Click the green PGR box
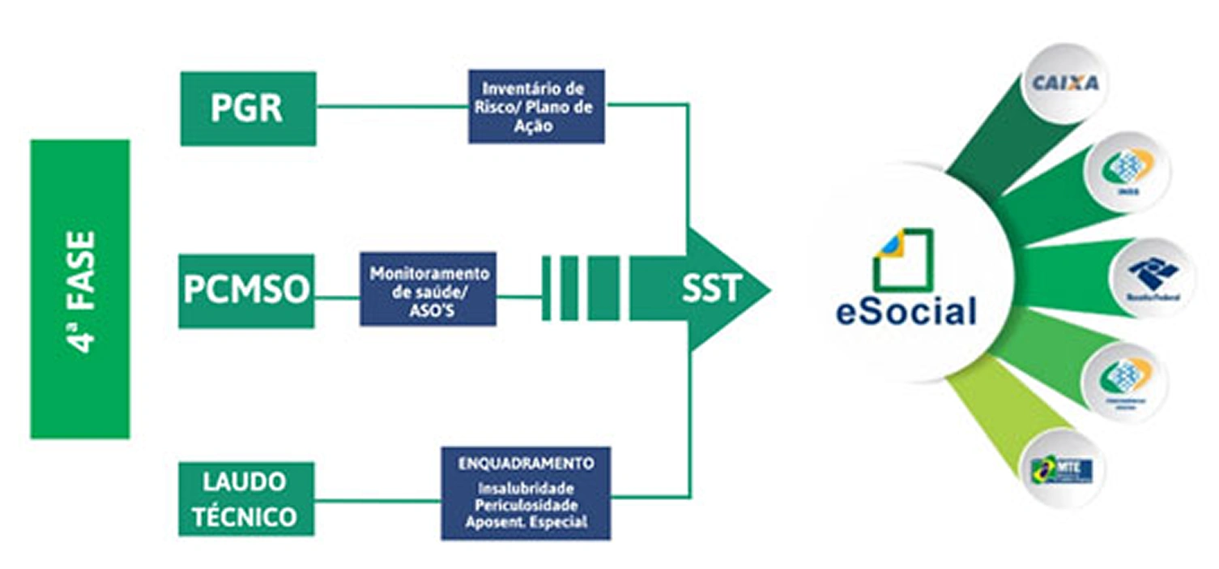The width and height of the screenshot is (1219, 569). [x=247, y=109]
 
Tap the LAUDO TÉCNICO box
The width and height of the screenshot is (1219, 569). [x=245, y=498]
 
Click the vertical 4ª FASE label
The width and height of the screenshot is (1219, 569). [x=80, y=289]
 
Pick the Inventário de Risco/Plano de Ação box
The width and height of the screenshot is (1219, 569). [x=535, y=107]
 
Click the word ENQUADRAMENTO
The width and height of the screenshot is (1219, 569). [x=526, y=464]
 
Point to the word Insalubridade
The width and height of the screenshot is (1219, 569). [x=526, y=489]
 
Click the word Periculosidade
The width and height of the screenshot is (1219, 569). [x=526, y=506]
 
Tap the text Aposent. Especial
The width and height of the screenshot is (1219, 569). [x=526, y=523]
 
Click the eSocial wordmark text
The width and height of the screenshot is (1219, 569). [x=906, y=312]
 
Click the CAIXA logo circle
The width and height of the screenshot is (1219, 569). [x=1064, y=83]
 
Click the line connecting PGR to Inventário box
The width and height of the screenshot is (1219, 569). [x=392, y=106]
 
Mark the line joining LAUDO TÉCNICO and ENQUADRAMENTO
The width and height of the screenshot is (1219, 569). [x=377, y=499]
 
